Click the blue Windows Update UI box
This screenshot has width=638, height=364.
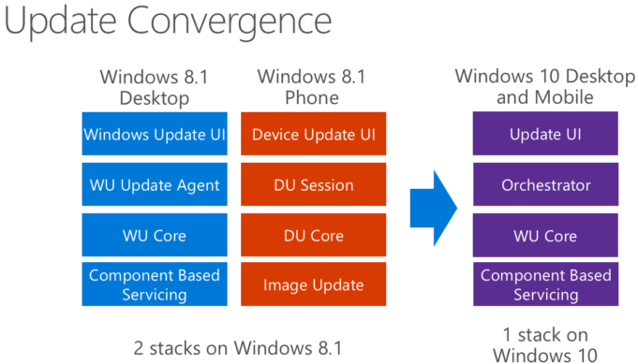click(154, 134)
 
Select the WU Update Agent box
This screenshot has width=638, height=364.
click(154, 184)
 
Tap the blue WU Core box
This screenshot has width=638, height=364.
click(154, 234)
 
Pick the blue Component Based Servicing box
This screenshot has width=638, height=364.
click(154, 284)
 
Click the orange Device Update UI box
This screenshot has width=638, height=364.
click(314, 134)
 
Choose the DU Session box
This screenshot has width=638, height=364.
click(314, 184)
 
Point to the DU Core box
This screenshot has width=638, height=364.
click(314, 234)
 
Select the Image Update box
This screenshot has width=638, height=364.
click(314, 284)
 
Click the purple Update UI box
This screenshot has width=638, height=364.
click(546, 134)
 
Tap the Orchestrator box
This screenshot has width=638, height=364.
click(546, 184)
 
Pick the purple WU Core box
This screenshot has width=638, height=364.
click(546, 234)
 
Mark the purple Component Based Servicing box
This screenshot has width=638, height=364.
click(546, 284)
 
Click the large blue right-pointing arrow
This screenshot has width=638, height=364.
click(433, 208)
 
